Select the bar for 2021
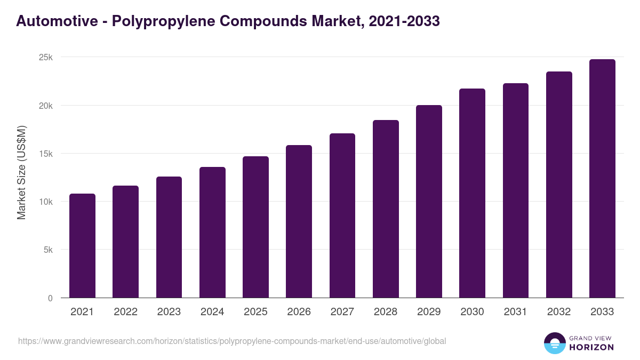pyautogui.click(x=82, y=246)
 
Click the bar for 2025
pyautogui.click(x=255, y=227)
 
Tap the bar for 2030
pyautogui.click(x=472, y=193)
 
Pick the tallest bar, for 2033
pyautogui.click(x=602, y=179)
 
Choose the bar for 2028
pyautogui.click(x=386, y=209)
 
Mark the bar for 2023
pyautogui.click(x=169, y=237)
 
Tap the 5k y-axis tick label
pyautogui.click(x=49, y=250)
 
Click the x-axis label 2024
pyautogui.click(x=212, y=312)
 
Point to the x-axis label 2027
pyautogui.click(x=342, y=312)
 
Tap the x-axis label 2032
pyautogui.click(x=559, y=312)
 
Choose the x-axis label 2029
pyautogui.click(x=429, y=312)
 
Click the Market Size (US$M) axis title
pyautogui.click(x=21, y=172)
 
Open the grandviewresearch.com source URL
pyautogui.click(x=232, y=341)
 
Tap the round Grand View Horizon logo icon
pyautogui.click(x=554, y=343)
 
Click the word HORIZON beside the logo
pyautogui.click(x=591, y=347)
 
